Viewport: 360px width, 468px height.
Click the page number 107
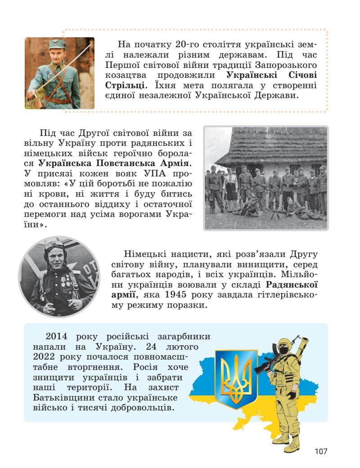[x=321, y=451]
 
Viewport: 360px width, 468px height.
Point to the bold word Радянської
[x=292, y=284]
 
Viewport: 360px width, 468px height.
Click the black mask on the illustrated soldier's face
[x=283, y=349]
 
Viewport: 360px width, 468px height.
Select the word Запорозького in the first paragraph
[x=288, y=65]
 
